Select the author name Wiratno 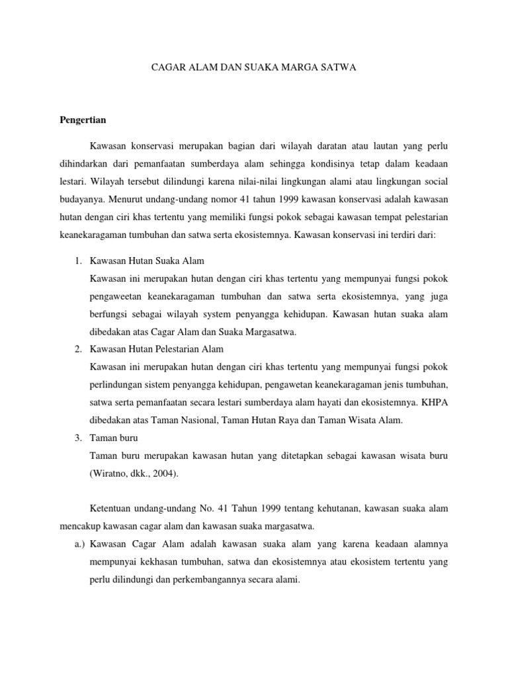[111, 473]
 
